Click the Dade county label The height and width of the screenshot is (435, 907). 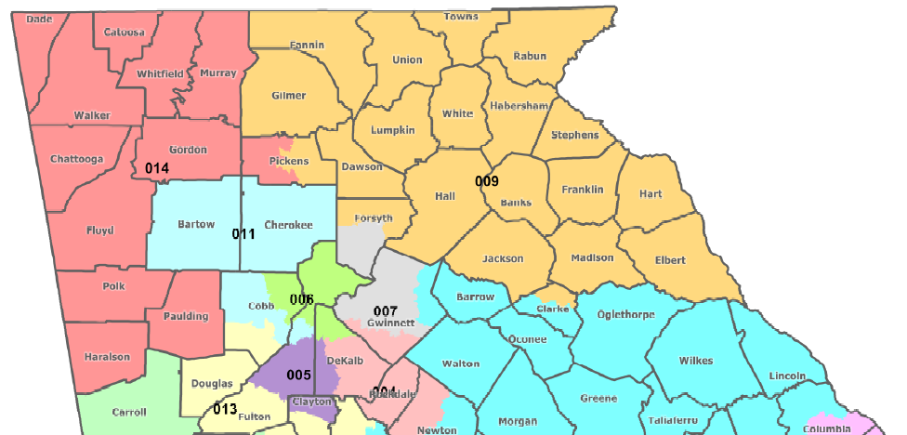[38, 19]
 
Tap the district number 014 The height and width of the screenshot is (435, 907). [157, 168]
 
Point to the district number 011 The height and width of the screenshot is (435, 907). [243, 233]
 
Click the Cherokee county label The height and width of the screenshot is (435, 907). [288, 224]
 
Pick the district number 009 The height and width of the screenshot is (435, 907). [488, 180]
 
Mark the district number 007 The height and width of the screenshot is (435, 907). [385, 310]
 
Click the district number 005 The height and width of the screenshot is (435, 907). [297, 375]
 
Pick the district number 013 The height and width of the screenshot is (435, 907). [225, 409]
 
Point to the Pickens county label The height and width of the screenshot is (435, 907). [288, 161]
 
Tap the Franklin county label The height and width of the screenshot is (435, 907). [583, 189]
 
